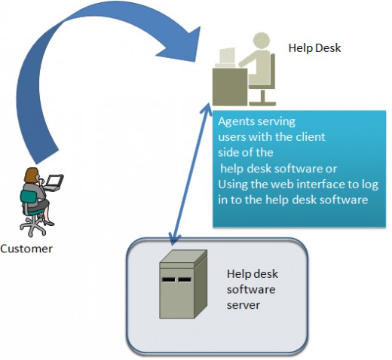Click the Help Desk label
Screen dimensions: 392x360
click(x=314, y=48)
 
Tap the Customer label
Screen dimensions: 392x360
click(x=26, y=249)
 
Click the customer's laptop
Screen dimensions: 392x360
click(x=53, y=182)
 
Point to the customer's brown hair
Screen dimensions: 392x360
click(x=31, y=175)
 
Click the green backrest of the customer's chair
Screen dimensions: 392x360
click(x=29, y=197)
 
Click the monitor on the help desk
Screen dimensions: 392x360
click(x=227, y=56)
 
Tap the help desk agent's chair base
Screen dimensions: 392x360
click(x=262, y=99)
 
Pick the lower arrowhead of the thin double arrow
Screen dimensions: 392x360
click(x=174, y=239)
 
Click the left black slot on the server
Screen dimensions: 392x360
click(x=168, y=279)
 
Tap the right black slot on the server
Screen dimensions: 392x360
click(x=185, y=279)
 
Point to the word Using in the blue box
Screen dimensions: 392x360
click(x=233, y=185)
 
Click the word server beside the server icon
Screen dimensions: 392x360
click(x=243, y=306)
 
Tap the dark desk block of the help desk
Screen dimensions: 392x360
click(x=230, y=87)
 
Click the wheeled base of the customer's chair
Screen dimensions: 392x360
click(x=32, y=225)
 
